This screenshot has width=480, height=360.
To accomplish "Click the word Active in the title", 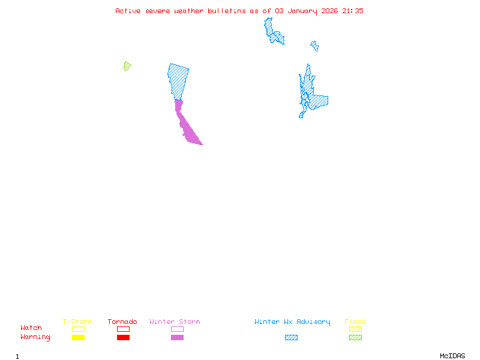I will (x=128, y=11).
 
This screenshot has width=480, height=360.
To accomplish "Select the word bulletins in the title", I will (x=226, y=11).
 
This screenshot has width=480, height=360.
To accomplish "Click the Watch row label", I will (x=31, y=328).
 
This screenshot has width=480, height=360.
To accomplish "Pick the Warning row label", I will (x=35, y=337).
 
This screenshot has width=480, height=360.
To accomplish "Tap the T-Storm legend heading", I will (x=77, y=322).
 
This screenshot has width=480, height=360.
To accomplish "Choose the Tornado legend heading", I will (x=122, y=322).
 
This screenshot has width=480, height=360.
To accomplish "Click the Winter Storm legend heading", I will (x=175, y=322).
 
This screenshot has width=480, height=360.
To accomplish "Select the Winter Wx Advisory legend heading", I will (x=292, y=322).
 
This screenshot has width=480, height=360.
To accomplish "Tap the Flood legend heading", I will (x=355, y=322).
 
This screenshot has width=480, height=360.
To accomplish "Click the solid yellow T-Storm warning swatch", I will (x=78, y=338).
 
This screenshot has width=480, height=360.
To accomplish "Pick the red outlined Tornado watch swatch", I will (x=123, y=329).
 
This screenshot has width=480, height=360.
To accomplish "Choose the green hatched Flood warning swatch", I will (x=355, y=338).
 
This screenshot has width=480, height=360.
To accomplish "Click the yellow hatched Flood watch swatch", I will (x=355, y=329).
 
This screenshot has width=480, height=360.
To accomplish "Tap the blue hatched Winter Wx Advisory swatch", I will (x=291, y=338).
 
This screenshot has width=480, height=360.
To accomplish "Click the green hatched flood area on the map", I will (x=127, y=66).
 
